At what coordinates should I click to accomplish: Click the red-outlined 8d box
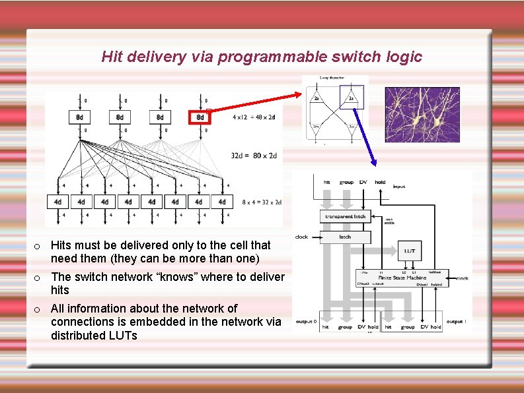[x=200, y=117]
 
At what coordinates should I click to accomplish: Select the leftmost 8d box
[x=79, y=117]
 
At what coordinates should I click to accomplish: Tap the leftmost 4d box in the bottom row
[x=57, y=201]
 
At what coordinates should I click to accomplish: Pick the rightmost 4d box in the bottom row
[x=222, y=201]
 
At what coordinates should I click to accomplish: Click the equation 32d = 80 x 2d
[x=254, y=156]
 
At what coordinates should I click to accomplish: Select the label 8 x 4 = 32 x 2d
[x=262, y=202]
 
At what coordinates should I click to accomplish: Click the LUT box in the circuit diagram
[x=410, y=251]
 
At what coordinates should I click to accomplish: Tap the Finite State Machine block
[x=402, y=278]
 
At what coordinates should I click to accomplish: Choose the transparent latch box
[x=345, y=216]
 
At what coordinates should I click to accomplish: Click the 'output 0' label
[x=306, y=321]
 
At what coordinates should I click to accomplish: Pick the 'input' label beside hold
[x=399, y=187]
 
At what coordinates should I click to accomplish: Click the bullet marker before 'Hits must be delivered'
[x=38, y=246]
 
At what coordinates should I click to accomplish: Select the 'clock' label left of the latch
[x=301, y=236]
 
